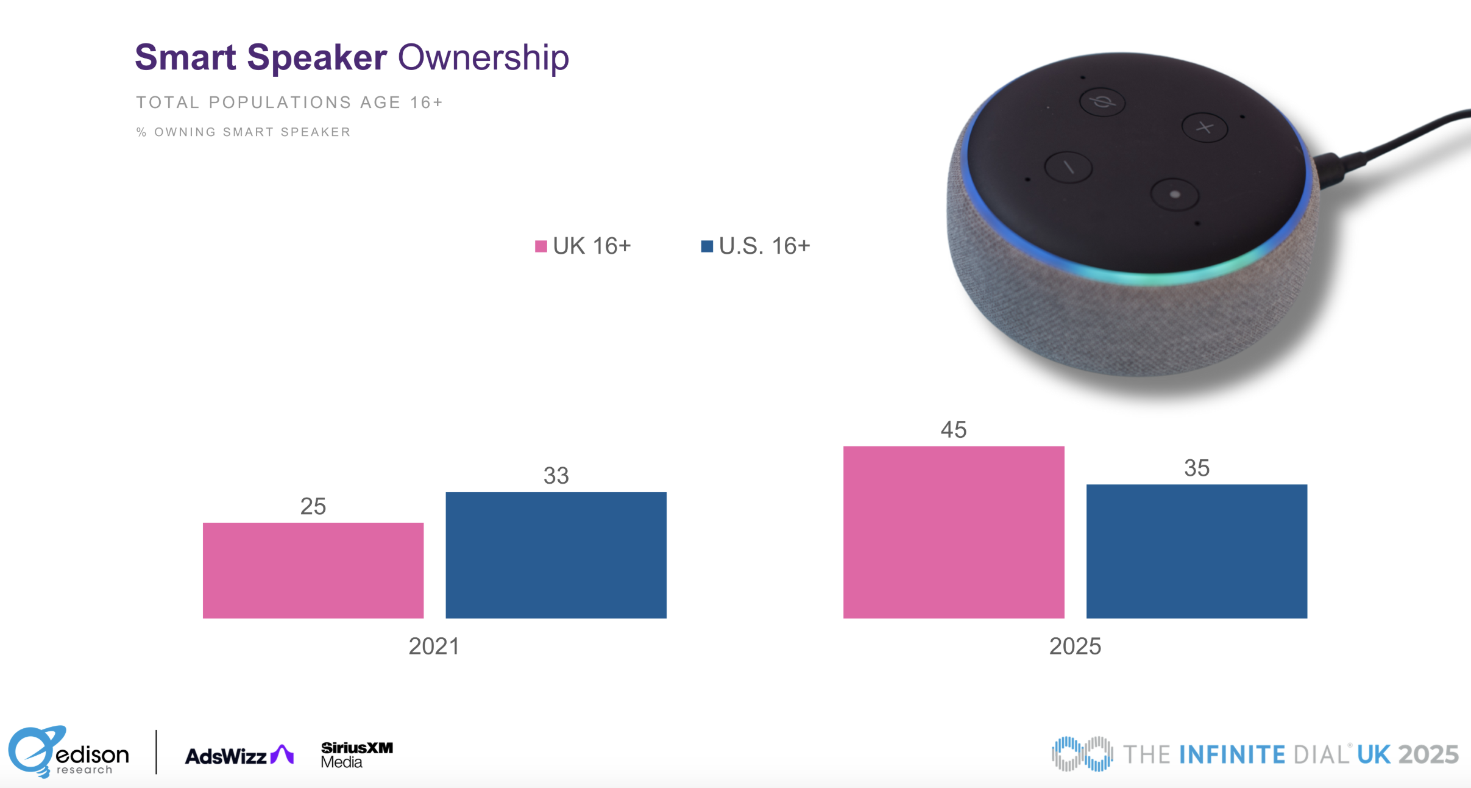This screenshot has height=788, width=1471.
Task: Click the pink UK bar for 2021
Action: (x=313, y=570)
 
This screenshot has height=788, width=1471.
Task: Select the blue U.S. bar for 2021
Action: (x=556, y=555)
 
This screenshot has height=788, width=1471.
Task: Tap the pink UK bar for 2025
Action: (x=953, y=532)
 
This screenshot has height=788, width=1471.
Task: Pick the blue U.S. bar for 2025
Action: (x=1196, y=551)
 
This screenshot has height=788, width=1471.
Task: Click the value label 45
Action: (x=953, y=430)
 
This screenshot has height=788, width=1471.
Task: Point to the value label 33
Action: (x=556, y=476)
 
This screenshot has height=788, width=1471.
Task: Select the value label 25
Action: (x=313, y=506)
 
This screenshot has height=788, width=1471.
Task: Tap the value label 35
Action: (x=1196, y=468)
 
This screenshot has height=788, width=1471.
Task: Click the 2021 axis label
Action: (x=433, y=647)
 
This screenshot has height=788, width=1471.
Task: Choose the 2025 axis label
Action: (x=1075, y=647)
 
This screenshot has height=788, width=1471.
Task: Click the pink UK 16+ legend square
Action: (x=541, y=246)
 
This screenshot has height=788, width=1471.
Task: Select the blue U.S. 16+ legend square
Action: (x=707, y=246)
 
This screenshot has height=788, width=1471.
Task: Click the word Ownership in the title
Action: (x=483, y=58)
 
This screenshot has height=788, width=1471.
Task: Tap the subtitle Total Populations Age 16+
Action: (x=289, y=102)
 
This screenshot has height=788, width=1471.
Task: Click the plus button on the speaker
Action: (x=1204, y=127)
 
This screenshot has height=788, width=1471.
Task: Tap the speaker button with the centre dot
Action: (x=1174, y=195)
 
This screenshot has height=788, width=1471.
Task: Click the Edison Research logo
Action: (x=68, y=753)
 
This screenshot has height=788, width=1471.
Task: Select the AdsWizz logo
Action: (x=239, y=756)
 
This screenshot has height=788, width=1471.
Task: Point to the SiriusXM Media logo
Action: (x=356, y=754)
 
